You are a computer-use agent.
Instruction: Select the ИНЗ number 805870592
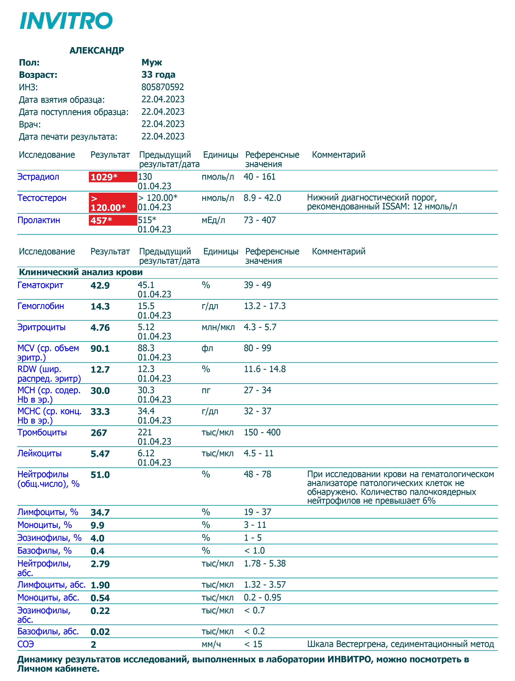pos(162,87)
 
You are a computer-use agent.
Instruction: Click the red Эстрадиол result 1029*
pos(104,177)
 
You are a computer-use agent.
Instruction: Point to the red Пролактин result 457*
pos(101,220)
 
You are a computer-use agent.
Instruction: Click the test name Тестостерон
pos(42,198)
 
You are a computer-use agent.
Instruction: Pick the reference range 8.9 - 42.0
pos(262,198)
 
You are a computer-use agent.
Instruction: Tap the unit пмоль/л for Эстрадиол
pos(218,177)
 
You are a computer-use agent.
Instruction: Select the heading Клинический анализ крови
pos(81,272)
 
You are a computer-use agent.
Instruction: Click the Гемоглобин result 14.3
pos(100,307)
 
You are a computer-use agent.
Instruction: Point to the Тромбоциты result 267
pos(99,433)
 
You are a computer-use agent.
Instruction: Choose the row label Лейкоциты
pos(39,454)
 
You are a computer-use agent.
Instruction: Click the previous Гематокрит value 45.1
pos(146,285)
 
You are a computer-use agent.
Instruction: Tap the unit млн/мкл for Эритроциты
pos(218,327)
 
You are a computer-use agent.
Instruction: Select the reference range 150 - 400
pos(262,433)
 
